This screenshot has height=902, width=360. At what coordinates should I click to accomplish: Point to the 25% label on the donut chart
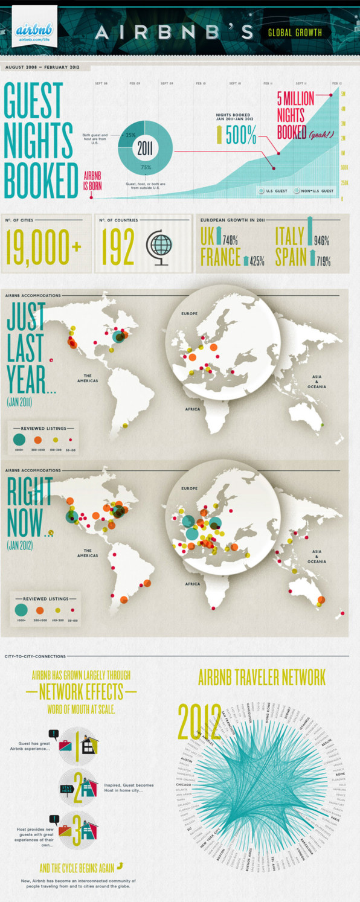click(x=130, y=135)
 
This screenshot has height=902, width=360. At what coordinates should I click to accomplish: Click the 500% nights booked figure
click(x=240, y=136)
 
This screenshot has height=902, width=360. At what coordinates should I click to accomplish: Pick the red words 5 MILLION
click(x=296, y=98)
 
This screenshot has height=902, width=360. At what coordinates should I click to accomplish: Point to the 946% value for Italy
click(x=321, y=241)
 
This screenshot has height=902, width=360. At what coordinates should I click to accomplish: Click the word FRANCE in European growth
click(x=220, y=258)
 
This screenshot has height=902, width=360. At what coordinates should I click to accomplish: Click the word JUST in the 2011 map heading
click(x=27, y=316)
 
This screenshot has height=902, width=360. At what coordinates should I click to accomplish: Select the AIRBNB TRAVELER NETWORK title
click(x=262, y=677)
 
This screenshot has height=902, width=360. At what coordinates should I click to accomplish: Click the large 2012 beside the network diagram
click(x=199, y=721)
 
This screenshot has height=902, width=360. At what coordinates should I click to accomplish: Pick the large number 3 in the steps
click(x=77, y=830)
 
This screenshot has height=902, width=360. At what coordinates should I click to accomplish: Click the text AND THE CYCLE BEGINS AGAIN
click(x=76, y=868)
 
